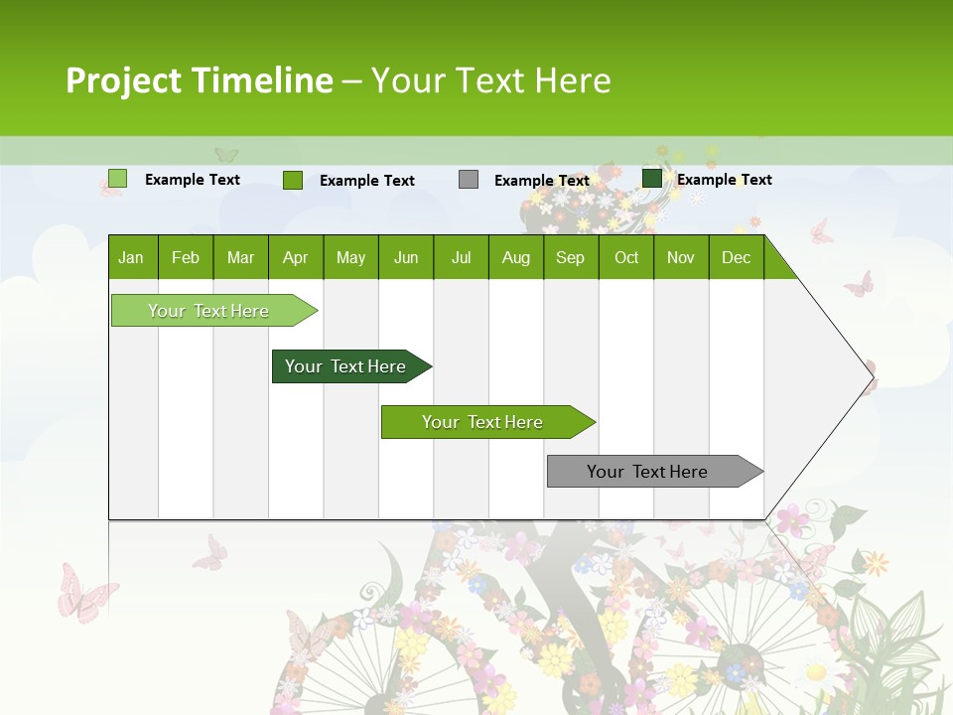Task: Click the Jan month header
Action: point(132,258)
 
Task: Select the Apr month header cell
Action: point(296,258)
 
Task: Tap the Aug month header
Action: point(515,258)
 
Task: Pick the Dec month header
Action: point(736,258)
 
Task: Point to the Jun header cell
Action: point(406,258)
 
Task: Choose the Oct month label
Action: point(626,258)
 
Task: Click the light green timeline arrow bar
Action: point(209,311)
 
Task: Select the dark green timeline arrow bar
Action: point(346,366)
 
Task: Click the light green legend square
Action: point(118,179)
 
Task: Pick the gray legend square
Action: point(469,179)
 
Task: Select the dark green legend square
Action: point(652,179)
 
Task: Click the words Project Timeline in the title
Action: point(199,80)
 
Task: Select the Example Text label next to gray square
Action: point(541,181)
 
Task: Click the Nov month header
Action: point(681,258)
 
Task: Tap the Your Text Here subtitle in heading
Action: point(490,80)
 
